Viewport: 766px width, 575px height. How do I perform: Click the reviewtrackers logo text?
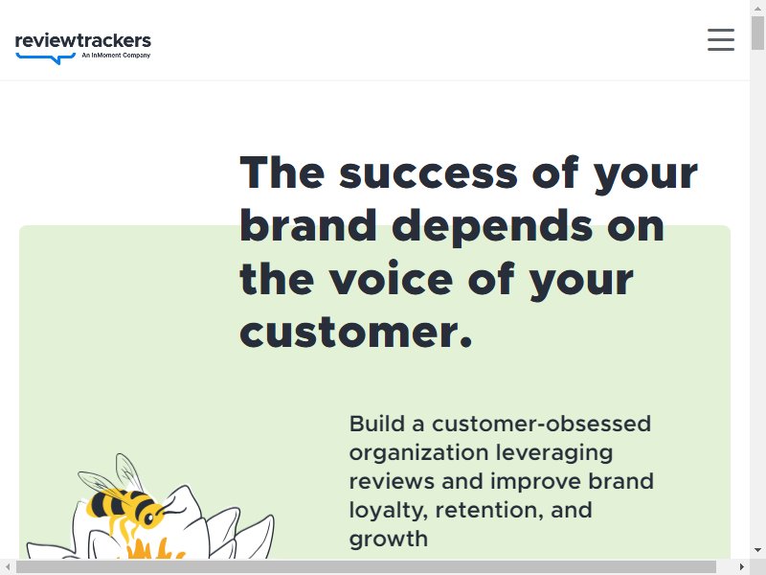(83, 40)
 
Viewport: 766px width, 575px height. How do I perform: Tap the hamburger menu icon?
(721, 39)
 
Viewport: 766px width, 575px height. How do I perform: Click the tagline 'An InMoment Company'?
(116, 56)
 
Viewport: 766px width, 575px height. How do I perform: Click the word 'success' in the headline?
(428, 172)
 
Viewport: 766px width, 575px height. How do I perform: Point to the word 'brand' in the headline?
(308, 225)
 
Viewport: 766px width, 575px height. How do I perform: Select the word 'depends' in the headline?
(492, 227)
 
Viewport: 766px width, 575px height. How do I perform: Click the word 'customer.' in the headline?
(356, 332)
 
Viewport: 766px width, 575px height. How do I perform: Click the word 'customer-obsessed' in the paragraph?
(541, 424)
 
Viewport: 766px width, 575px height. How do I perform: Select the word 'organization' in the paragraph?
(418, 453)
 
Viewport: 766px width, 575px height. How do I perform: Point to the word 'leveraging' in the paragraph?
(554, 453)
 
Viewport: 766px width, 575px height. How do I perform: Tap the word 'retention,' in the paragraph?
(489, 511)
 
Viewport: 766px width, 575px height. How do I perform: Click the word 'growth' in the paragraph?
(389, 540)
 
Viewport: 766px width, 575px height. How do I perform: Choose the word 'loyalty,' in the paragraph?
(389, 511)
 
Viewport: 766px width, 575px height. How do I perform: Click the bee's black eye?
(148, 517)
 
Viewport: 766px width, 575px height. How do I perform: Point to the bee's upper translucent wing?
(128, 472)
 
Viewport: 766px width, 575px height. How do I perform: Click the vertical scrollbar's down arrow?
(757, 549)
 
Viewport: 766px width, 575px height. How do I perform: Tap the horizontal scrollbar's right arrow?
(741, 567)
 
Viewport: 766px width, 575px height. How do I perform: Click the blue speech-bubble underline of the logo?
(46, 58)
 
